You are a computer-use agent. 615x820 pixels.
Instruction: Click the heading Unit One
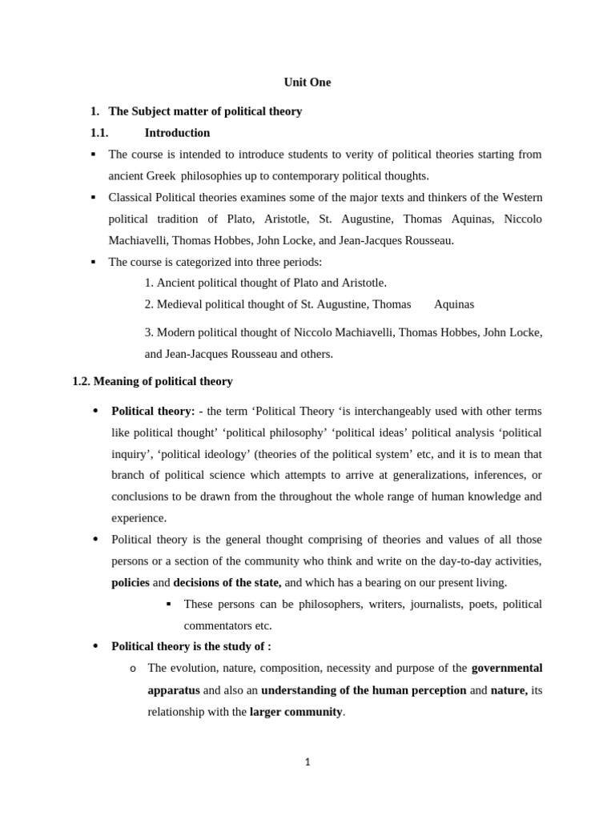point(307,82)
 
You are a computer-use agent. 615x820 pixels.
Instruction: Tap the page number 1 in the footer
point(307,762)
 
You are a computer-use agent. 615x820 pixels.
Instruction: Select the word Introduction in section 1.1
point(177,133)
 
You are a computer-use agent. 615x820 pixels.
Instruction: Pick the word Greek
point(161,176)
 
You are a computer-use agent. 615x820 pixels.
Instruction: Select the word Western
point(521,198)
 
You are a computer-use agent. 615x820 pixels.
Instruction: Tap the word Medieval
point(181,304)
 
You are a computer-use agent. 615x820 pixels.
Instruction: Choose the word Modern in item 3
point(176,332)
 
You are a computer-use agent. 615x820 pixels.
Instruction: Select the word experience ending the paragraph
point(138,518)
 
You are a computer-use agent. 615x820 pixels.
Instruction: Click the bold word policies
point(131,582)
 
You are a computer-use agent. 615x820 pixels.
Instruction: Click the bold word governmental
point(506,668)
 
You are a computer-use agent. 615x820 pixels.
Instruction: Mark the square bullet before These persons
point(169,604)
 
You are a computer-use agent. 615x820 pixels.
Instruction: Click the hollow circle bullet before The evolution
point(132,669)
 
